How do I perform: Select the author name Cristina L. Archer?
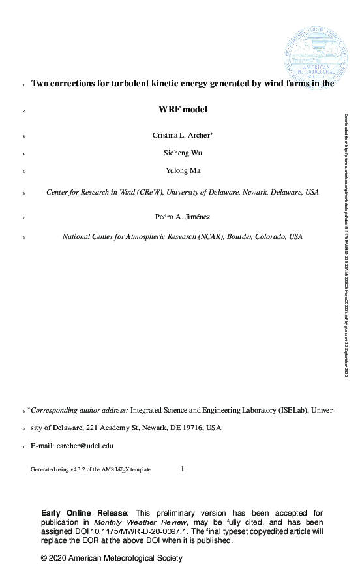coord(181,135)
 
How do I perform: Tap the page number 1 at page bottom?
coord(183,468)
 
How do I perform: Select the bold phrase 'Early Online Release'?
coord(84,513)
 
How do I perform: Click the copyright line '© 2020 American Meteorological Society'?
coord(112,559)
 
